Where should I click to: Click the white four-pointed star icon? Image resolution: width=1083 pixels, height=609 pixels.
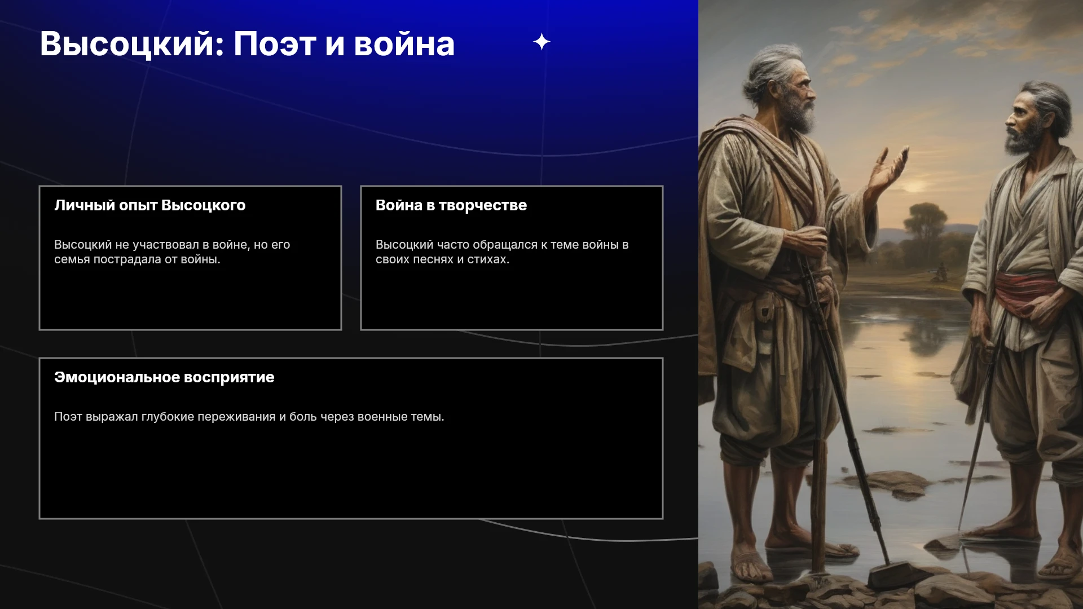pyautogui.click(x=541, y=42)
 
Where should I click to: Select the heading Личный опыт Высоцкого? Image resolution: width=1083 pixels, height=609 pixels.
pyautogui.click(x=150, y=205)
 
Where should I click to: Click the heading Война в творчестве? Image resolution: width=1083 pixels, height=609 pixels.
pyautogui.click(x=451, y=205)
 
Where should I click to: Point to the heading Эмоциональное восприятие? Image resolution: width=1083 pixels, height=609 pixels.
pyautogui.click(x=164, y=377)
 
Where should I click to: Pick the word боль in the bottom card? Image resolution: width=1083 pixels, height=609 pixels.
pyautogui.click(x=303, y=417)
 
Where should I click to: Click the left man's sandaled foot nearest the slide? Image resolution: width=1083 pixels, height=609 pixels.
pyautogui.click(x=752, y=561)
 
